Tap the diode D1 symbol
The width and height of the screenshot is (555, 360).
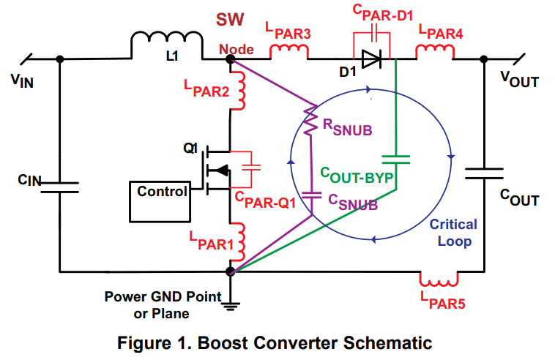(x=371, y=59)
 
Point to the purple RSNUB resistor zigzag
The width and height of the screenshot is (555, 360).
(x=310, y=120)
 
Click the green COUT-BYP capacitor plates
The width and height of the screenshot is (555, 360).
(x=396, y=160)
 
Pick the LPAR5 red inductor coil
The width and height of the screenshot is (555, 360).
(x=439, y=280)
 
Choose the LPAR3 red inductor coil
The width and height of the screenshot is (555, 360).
(x=288, y=51)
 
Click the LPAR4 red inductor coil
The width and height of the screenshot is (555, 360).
(x=435, y=51)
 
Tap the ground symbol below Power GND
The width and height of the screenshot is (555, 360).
(x=231, y=306)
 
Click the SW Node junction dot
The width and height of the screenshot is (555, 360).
(x=231, y=59)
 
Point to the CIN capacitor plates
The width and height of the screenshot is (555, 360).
(x=59, y=187)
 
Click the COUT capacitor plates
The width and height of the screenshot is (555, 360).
(x=484, y=173)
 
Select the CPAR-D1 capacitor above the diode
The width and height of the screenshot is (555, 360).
(x=374, y=32)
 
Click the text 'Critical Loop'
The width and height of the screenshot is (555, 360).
(x=454, y=233)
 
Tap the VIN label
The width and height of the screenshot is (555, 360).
(x=22, y=81)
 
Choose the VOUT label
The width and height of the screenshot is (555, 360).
(x=520, y=80)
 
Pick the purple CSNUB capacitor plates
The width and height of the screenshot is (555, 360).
(x=311, y=195)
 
